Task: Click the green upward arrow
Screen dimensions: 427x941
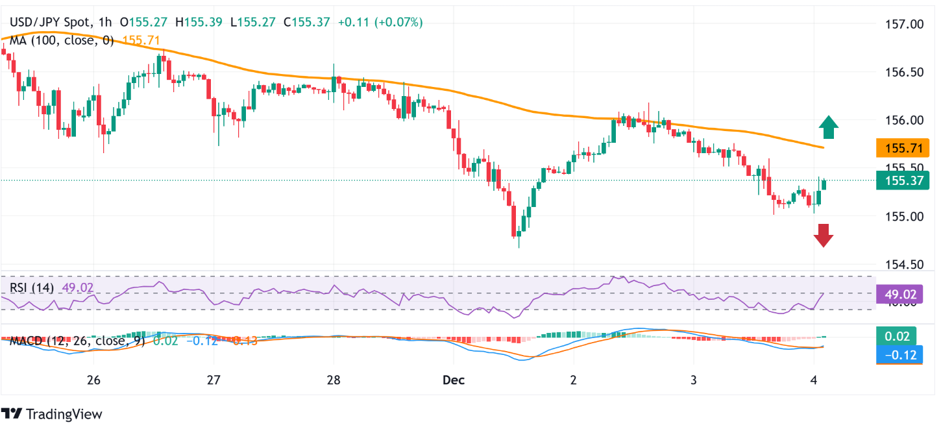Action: pyautogui.click(x=827, y=127)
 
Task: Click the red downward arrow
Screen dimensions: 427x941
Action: pyautogui.click(x=824, y=235)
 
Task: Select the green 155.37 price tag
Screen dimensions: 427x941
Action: pyautogui.click(x=899, y=180)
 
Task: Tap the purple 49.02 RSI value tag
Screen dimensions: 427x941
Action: pyautogui.click(x=899, y=294)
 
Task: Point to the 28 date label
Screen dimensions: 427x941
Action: pyautogui.click(x=334, y=379)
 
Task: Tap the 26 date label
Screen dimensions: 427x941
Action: pyautogui.click(x=93, y=379)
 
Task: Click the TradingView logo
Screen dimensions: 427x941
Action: pyautogui.click(x=52, y=413)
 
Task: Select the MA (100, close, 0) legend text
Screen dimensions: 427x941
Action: pyautogui.click(x=62, y=40)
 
